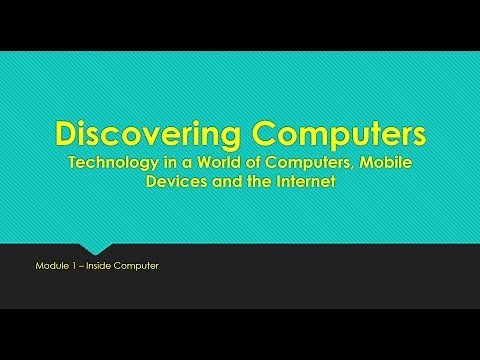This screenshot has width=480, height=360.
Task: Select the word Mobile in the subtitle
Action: click(385, 163)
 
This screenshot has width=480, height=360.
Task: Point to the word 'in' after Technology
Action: click(172, 163)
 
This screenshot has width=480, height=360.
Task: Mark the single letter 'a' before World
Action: click(190, 163)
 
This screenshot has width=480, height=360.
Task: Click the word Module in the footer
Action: click(50, 266)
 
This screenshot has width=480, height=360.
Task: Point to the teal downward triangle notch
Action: click(95, 246)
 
